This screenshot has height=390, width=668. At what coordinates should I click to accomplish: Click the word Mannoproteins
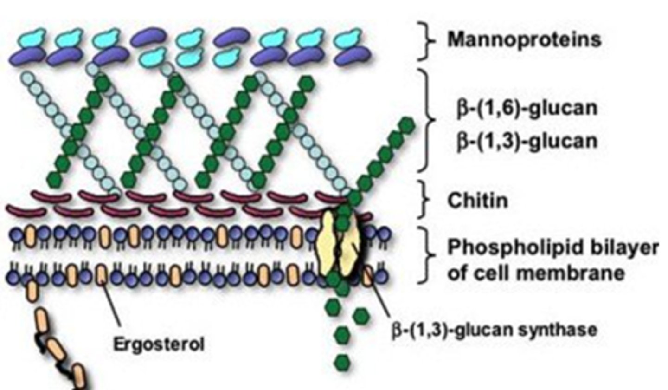[524, 40]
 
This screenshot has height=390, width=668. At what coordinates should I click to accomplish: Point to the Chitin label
[477, 201]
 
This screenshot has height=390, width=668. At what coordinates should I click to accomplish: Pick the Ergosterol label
[159, 345]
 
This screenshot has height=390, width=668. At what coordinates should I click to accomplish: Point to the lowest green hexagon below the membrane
[342, 360]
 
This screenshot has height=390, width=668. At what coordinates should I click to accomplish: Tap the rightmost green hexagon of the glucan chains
[407, 125]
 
